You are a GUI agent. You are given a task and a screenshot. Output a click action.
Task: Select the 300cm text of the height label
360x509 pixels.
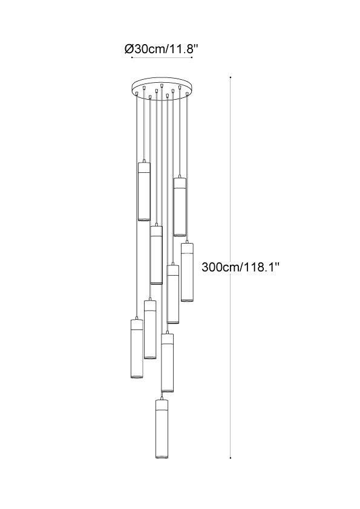click(221, 267)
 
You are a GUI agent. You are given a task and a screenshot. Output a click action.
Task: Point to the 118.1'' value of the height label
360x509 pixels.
click(261, 267)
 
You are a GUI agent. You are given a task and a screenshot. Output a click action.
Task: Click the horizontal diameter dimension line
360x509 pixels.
click(162, 58)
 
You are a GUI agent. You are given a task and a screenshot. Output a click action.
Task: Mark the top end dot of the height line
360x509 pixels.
click(231, 77)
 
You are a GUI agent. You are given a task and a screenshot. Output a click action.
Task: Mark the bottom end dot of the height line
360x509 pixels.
click(231, 458)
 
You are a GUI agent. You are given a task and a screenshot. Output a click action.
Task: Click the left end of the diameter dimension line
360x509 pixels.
click(132, 58)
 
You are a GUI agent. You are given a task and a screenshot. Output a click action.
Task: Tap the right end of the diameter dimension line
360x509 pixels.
click(192, 58)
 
